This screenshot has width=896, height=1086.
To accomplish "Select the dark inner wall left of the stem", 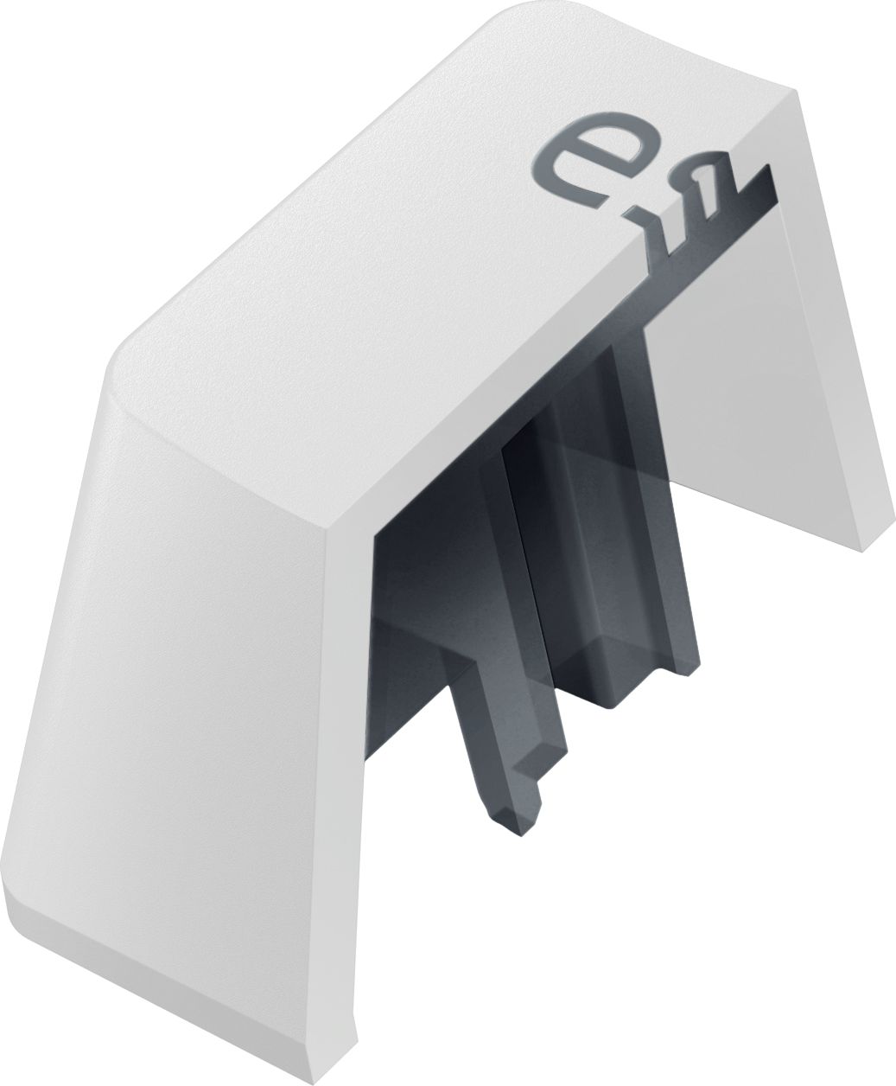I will coord(415,640).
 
